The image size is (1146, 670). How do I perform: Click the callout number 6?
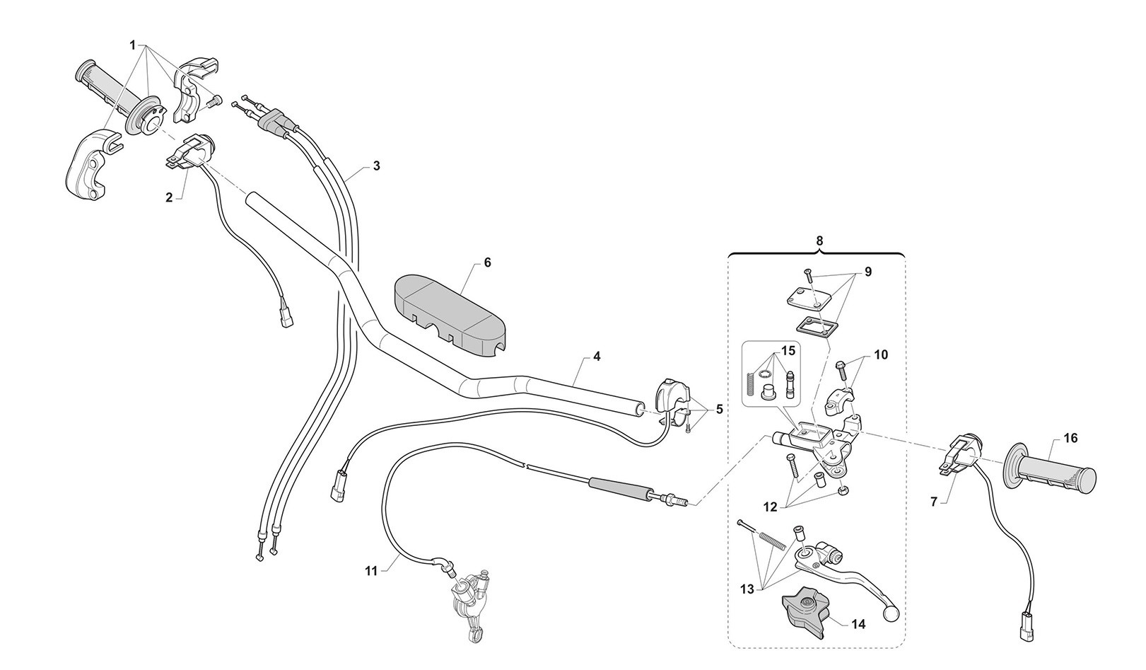click(487, 262)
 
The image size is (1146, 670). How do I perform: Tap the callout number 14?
click(858, 625)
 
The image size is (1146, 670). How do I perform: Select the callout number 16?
click(1070, 439)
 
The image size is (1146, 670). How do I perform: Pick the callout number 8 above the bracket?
click(819, 241)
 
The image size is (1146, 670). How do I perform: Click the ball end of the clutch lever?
click(891, 610)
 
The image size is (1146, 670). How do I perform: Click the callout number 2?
click(169, 197)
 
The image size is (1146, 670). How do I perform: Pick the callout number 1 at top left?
click(132, 45)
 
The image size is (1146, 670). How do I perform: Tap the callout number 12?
click(770, 507)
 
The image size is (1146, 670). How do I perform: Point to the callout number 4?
click(597, 357)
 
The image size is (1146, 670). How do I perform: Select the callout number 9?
click(867, 272)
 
